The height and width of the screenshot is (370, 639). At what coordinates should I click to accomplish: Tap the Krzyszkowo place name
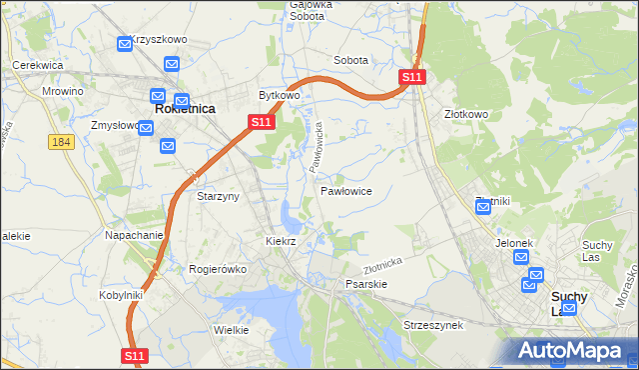click(x=160, y=39)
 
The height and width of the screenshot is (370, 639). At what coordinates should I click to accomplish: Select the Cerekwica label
click(x=38, y=64)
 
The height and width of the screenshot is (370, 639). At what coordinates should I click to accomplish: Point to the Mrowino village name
click(x=63, y=91)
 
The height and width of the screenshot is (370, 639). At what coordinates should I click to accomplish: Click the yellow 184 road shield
click(x=62, y=142)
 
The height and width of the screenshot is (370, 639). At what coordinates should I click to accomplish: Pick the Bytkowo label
click(x=280, y=96)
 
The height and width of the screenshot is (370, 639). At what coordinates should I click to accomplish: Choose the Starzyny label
click(x=218, y=196)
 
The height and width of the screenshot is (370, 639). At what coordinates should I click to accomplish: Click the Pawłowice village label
click(x=346, y=190)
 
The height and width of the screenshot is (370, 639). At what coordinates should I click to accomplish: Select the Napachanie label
click(x=134, y=235)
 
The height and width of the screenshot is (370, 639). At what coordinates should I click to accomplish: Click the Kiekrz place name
click(x=281, y=242)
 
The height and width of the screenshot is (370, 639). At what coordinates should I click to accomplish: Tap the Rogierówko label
click(x=217, y=269)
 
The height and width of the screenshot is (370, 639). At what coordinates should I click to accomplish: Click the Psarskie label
click(x=365, y=284)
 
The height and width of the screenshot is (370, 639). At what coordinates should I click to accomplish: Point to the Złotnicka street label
click(x=382, y=264)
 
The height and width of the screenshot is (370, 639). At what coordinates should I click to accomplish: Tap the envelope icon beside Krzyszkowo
click(x=125, y=44)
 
